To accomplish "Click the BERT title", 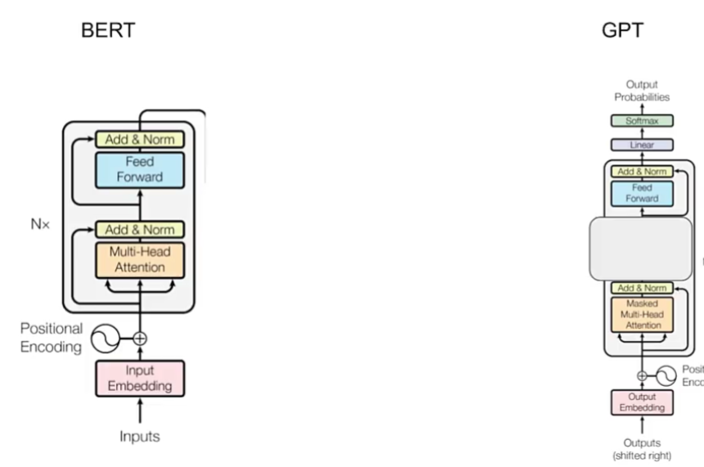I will pyautogui.click(x=108, y=31).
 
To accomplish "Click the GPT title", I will pyautogui.click(x=621, y=31).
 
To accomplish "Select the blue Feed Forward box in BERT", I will pyautogui.click(x=140, y=169).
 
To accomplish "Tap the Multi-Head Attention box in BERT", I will pyautogui.click(x=140, y=259).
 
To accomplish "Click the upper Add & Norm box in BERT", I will pyautogui.click(x=140, y=139).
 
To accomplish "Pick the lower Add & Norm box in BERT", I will pyautogui.click(x=140, y=229).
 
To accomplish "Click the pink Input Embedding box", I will pyautogui.click(x=140, y=378).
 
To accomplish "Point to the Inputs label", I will pyautogui.click(x=140, y=436).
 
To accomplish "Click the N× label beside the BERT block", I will pyautogui.click(x=39, y=223).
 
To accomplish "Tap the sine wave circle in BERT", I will pyautogui.click(x=105, y=337).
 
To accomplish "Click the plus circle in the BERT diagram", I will pyautogui.click(x=140, y=337).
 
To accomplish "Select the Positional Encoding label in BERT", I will pyautogui.click(x=52, y=337).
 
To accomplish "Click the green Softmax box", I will pyautogui.click(x=642, y=121).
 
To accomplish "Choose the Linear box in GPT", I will pyautogui.click(x=642, y=145).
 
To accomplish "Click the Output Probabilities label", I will pyautogui.click(x=642, y=90).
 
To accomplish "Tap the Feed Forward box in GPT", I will pyautogui.click(x=642, y=193).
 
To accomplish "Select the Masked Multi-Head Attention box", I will pyautogui.click(x=642, y=314).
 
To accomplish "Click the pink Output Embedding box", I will pyautogui.click(x=642, y=402).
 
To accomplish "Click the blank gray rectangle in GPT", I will pyautogui.click(x=642, y=249).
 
